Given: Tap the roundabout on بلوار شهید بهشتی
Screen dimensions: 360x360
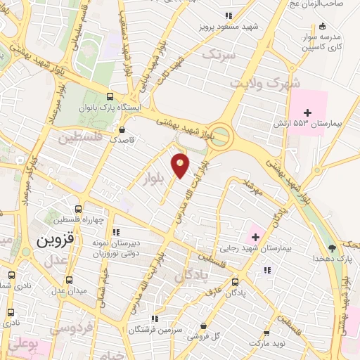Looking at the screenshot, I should coord(221,136).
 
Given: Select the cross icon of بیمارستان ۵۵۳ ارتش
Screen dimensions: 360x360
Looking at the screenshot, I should coord(307,111).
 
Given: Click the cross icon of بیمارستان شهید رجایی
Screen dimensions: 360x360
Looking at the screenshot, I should coord(255,236).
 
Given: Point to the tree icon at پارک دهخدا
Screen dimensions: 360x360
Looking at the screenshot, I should coord(332,247).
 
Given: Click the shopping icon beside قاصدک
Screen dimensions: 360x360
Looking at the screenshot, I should coord(122,129).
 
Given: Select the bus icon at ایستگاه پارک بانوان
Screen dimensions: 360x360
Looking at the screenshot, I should coord(109,96).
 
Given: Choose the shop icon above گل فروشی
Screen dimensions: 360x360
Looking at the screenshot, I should coord(203,326).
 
